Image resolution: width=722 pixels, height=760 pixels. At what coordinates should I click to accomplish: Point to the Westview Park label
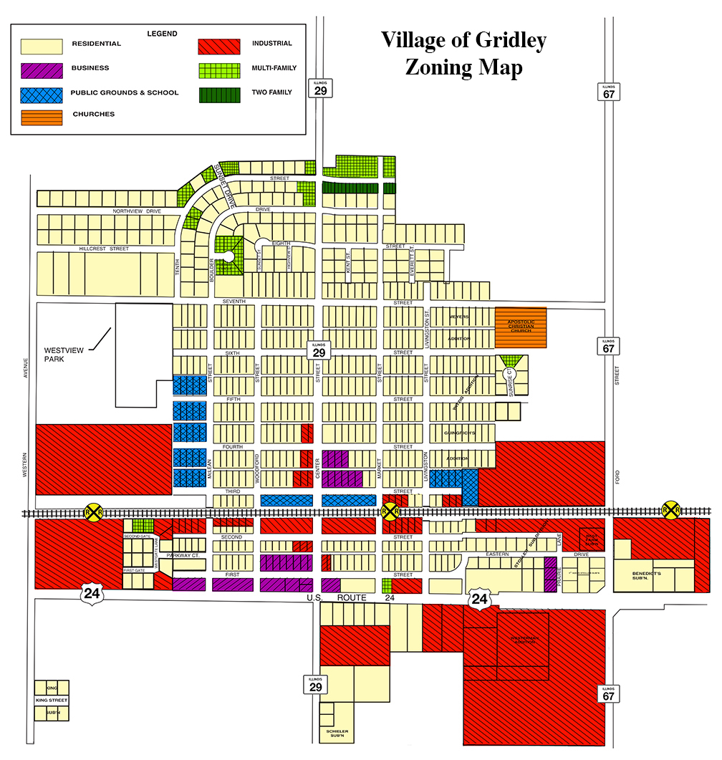pyautogui.click(x=64, y=355)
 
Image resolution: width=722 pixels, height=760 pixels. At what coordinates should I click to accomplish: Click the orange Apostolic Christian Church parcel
pyautogui.click(x=521, y=329)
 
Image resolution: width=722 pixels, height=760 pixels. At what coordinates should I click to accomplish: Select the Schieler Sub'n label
pyautogui.click(x=337, y=733)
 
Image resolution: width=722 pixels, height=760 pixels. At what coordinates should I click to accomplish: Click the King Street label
pyautogui.click(x=52, y=700)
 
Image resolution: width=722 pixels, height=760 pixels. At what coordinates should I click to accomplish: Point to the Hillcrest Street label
pyautogui.click(x=104, y=248)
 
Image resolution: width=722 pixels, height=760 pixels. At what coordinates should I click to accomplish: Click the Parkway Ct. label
pyautogui.click(x=181, y=555)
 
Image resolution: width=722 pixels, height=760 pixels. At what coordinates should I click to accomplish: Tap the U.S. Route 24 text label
pyautogui.click(x=351, y=597)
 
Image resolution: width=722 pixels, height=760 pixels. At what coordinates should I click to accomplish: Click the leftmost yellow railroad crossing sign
pyautogui.click(x=93, y=511)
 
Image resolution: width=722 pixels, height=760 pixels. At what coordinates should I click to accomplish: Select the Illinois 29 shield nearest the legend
pyautogui.click(x=320, y=89)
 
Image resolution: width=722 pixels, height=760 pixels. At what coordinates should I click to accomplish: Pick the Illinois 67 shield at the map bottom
pyautogui.click(x=608, y=693)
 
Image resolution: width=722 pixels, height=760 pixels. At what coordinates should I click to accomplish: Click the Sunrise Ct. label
pyautogui.click(x=511, y=382)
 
